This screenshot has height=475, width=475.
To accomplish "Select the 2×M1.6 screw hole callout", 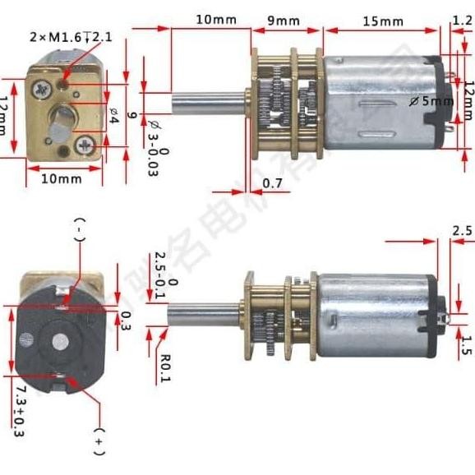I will coord(69,37).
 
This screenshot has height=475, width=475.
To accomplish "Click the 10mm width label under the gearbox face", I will coord(60,178).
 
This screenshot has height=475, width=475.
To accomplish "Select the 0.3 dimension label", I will coord(126,317).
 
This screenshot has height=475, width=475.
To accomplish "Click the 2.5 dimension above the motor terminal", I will coord(462,231).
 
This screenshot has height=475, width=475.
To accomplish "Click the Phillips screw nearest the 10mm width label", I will coord(85,145).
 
